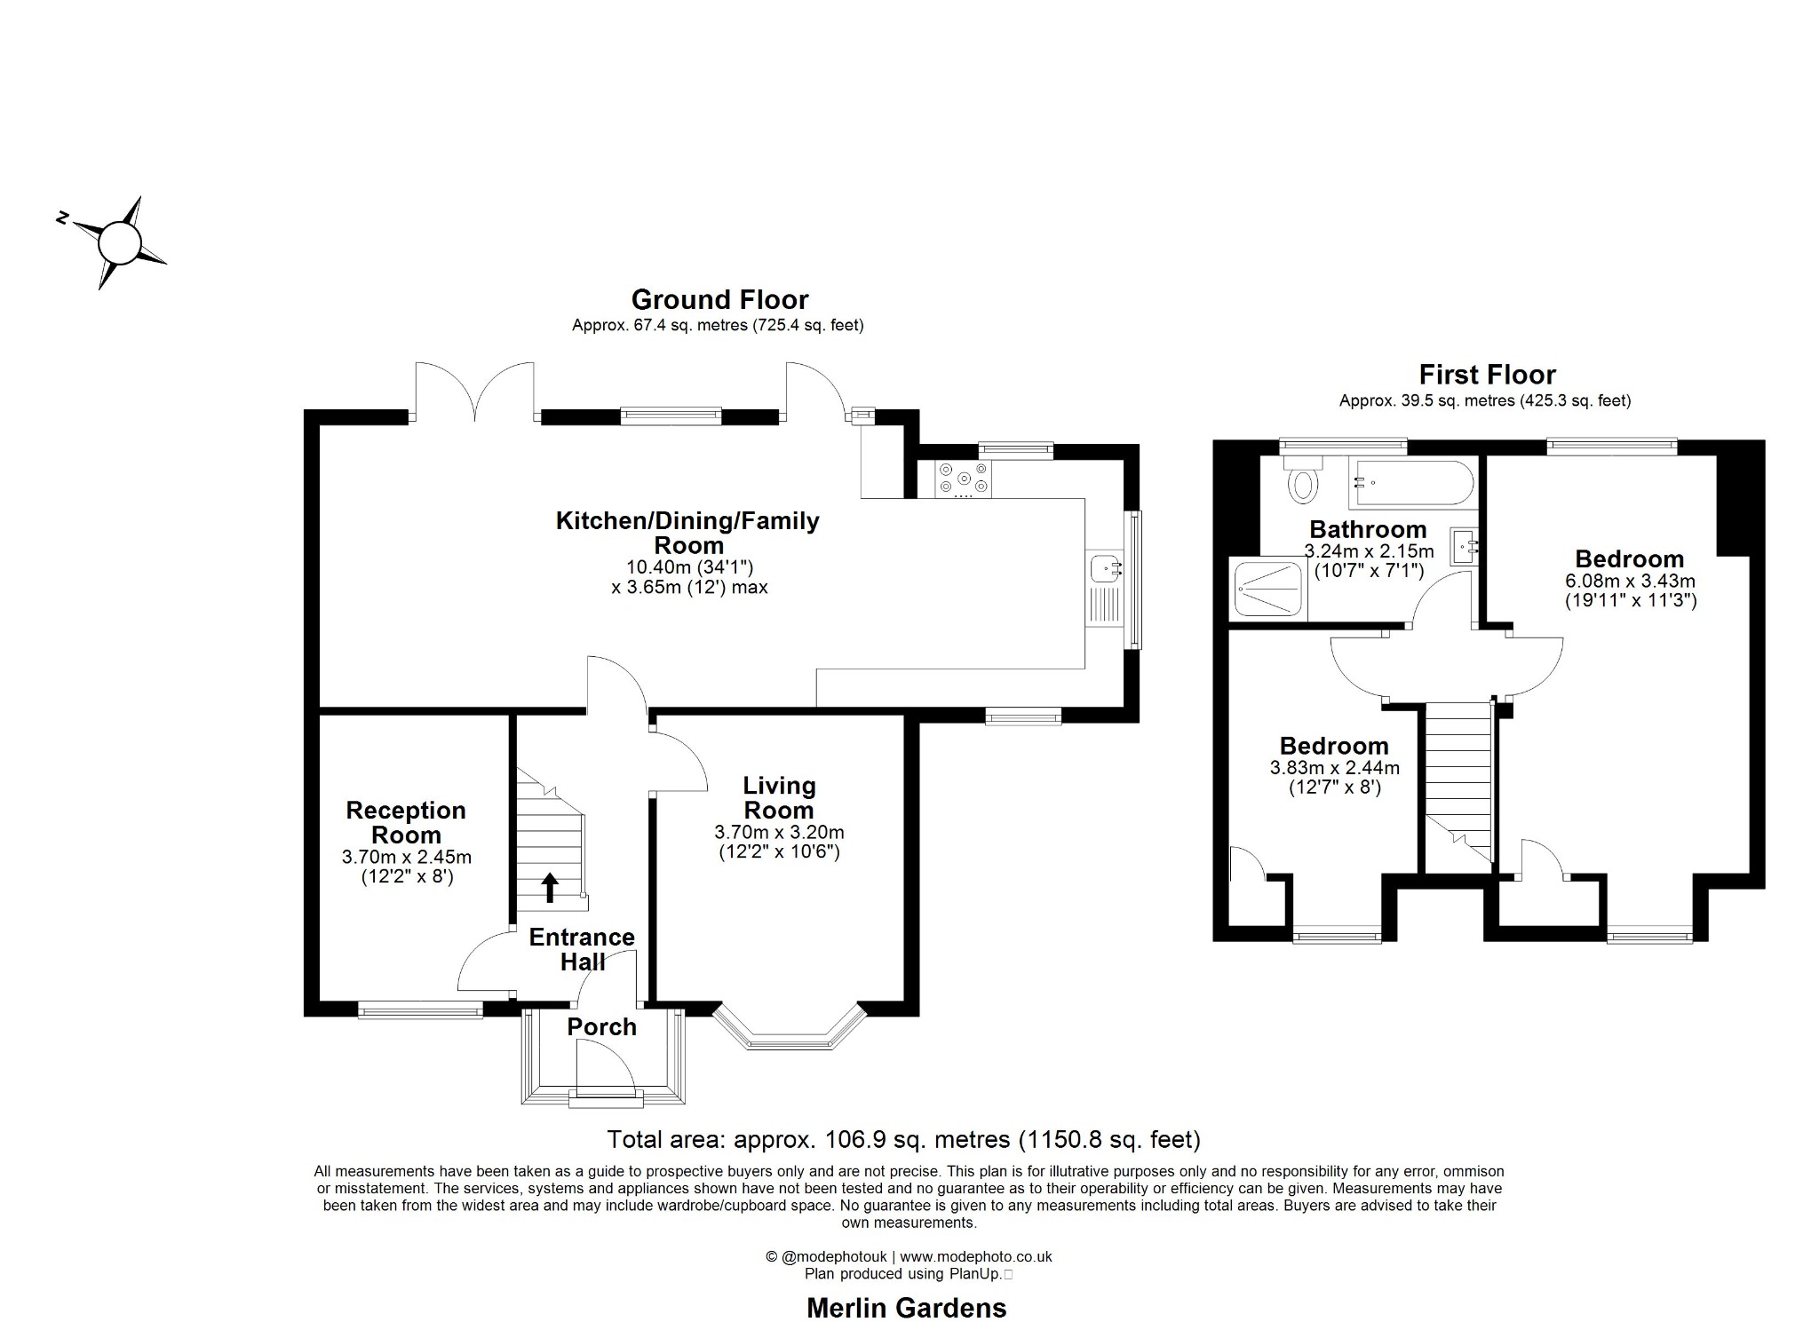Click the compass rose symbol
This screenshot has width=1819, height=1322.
coord(119,242)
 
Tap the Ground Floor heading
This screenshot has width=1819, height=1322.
coord(719,299)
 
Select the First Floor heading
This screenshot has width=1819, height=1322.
coord(1487,374)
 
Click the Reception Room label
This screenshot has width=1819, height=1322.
coord(406,822)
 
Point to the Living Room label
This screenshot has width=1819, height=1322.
coord(779,797)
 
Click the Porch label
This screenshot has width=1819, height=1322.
coord(601,1026)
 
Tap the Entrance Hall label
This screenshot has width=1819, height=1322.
coord(582,949)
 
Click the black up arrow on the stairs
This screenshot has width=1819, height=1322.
coord(550,886)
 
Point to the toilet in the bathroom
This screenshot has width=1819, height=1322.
coord(1303,480)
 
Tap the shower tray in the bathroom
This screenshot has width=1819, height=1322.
coord(1267,588)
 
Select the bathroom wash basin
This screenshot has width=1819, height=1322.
coord(1463,546)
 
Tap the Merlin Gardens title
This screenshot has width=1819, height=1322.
coord(906,1307)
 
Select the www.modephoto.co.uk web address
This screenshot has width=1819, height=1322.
coord(975,1256)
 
